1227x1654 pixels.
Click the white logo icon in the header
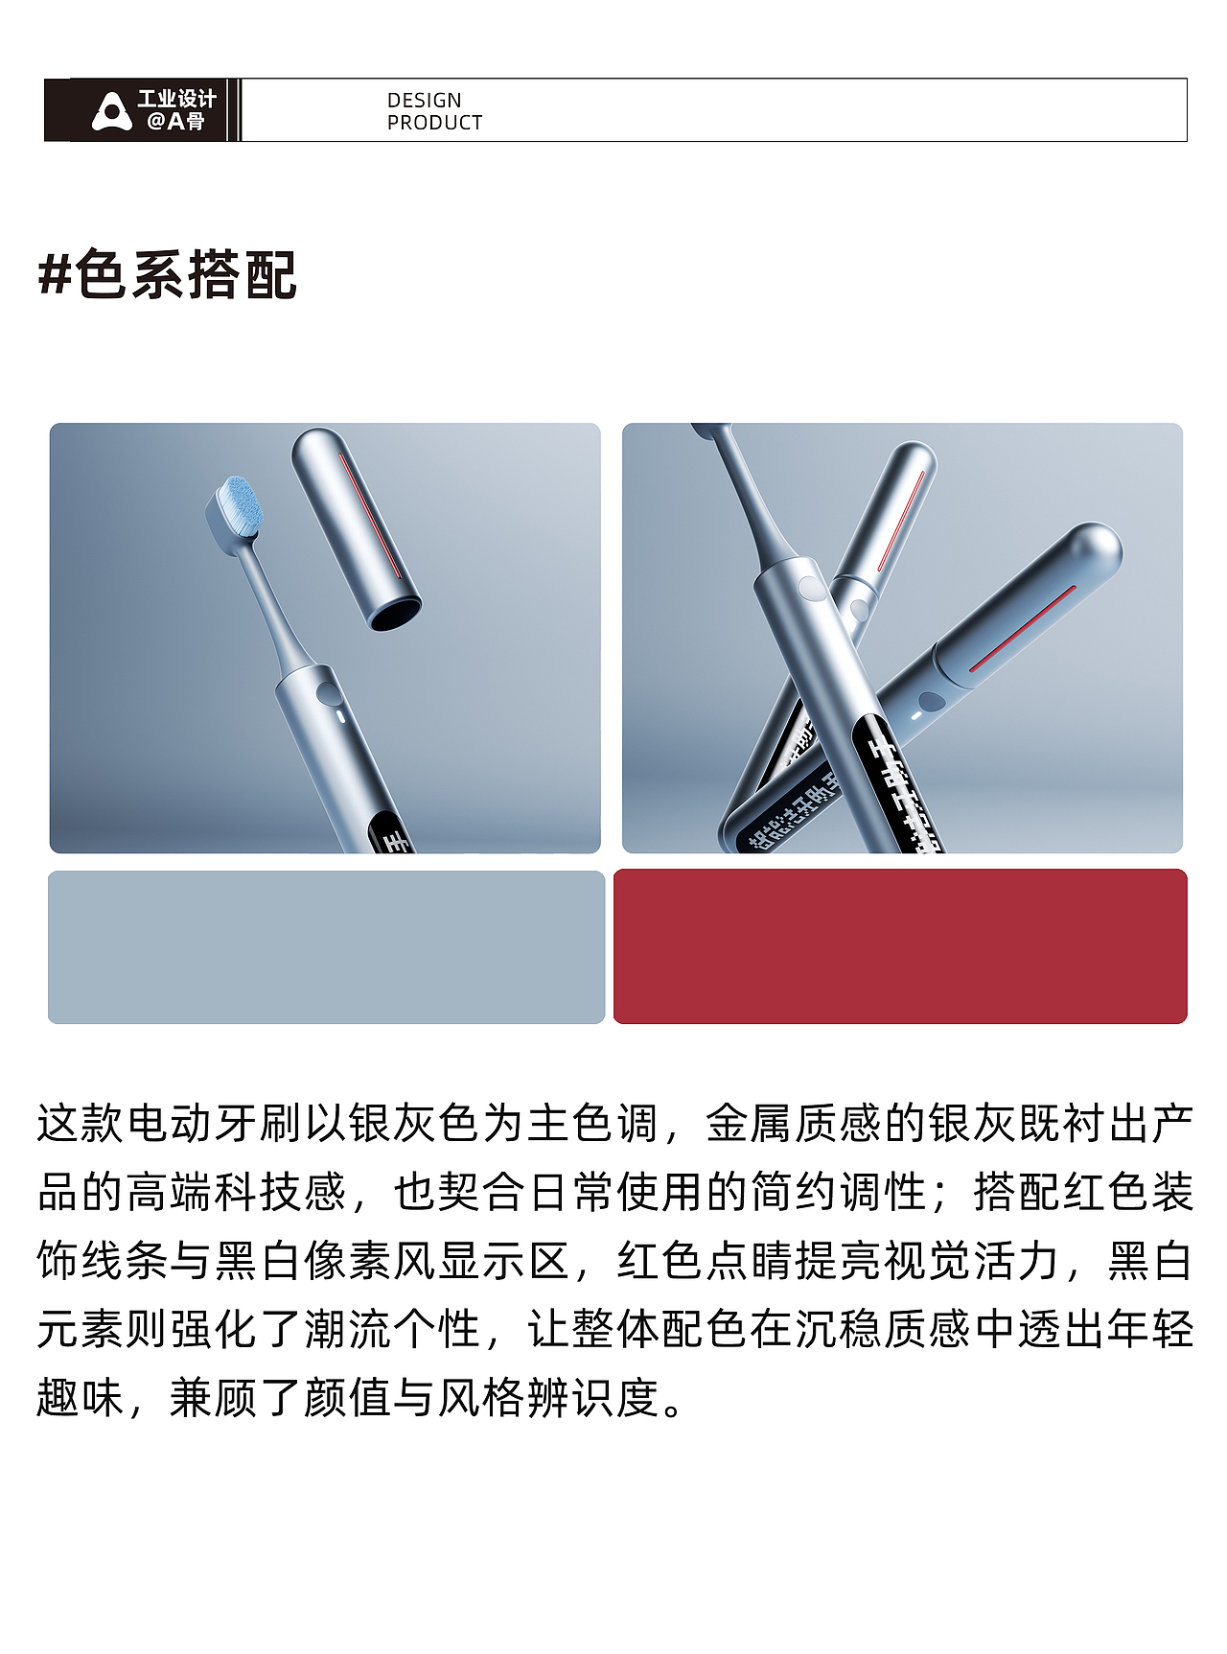coord(112,110)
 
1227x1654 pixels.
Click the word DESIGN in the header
coord(424,100)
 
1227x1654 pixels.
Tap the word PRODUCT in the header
coord(434,123)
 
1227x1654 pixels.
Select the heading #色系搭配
coord(168,275)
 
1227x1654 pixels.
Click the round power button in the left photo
coord(328,694)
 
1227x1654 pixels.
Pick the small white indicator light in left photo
coord(338,715)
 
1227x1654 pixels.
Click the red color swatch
coord(900,946)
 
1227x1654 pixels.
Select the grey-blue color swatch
coord(326,947)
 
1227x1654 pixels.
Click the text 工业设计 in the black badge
coord(177,99)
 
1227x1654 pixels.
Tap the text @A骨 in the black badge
coord(175,122)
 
